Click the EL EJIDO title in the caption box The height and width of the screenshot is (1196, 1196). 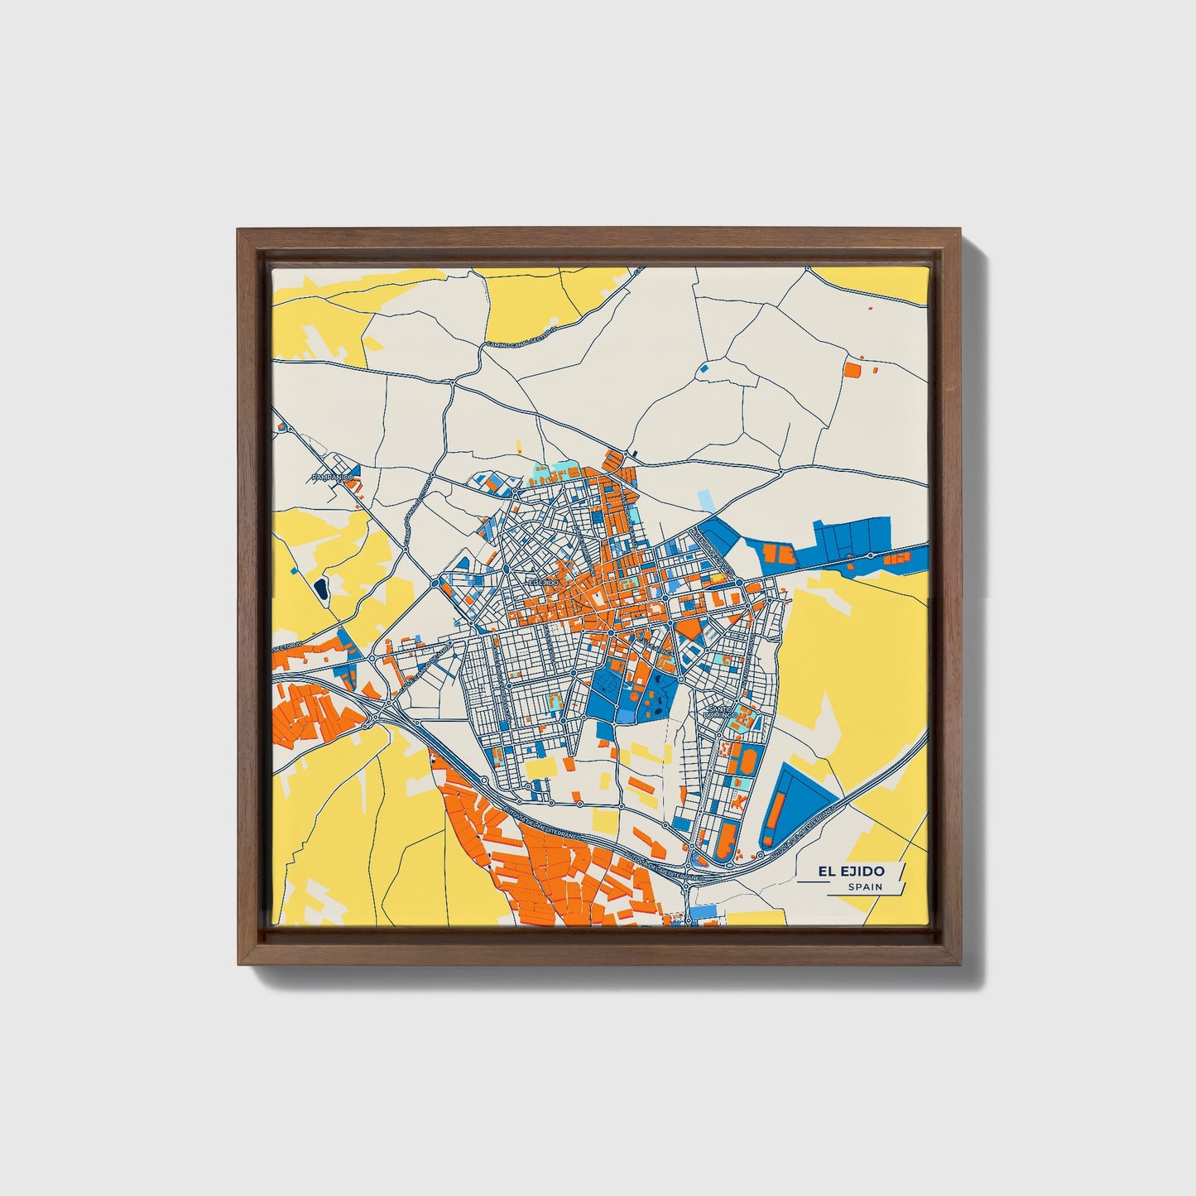[851, 871]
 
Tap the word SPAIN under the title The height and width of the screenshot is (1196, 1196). [864, 886]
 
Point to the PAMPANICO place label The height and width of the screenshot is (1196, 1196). [333, 478]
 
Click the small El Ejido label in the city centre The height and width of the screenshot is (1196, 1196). [544, 582]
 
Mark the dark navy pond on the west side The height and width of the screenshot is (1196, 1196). [320, 589]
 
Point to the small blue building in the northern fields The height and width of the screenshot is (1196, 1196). [704, 367]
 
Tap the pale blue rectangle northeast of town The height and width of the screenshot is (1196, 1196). [705, 500]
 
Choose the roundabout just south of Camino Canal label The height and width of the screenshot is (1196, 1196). [454, 382]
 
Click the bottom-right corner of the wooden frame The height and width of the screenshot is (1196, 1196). [963, 965]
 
